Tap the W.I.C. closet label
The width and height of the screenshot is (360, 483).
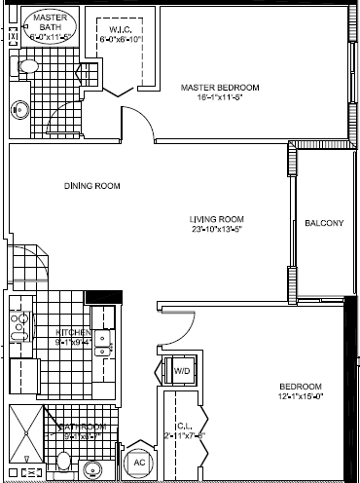click(123, 29)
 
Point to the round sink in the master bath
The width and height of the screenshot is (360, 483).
click(18, 108)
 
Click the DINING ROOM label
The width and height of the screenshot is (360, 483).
click(85, 185)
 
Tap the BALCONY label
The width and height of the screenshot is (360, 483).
click(323, 223)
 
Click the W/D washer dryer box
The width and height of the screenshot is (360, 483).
click(181, 371)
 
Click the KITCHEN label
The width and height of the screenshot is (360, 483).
click(73, 331)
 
